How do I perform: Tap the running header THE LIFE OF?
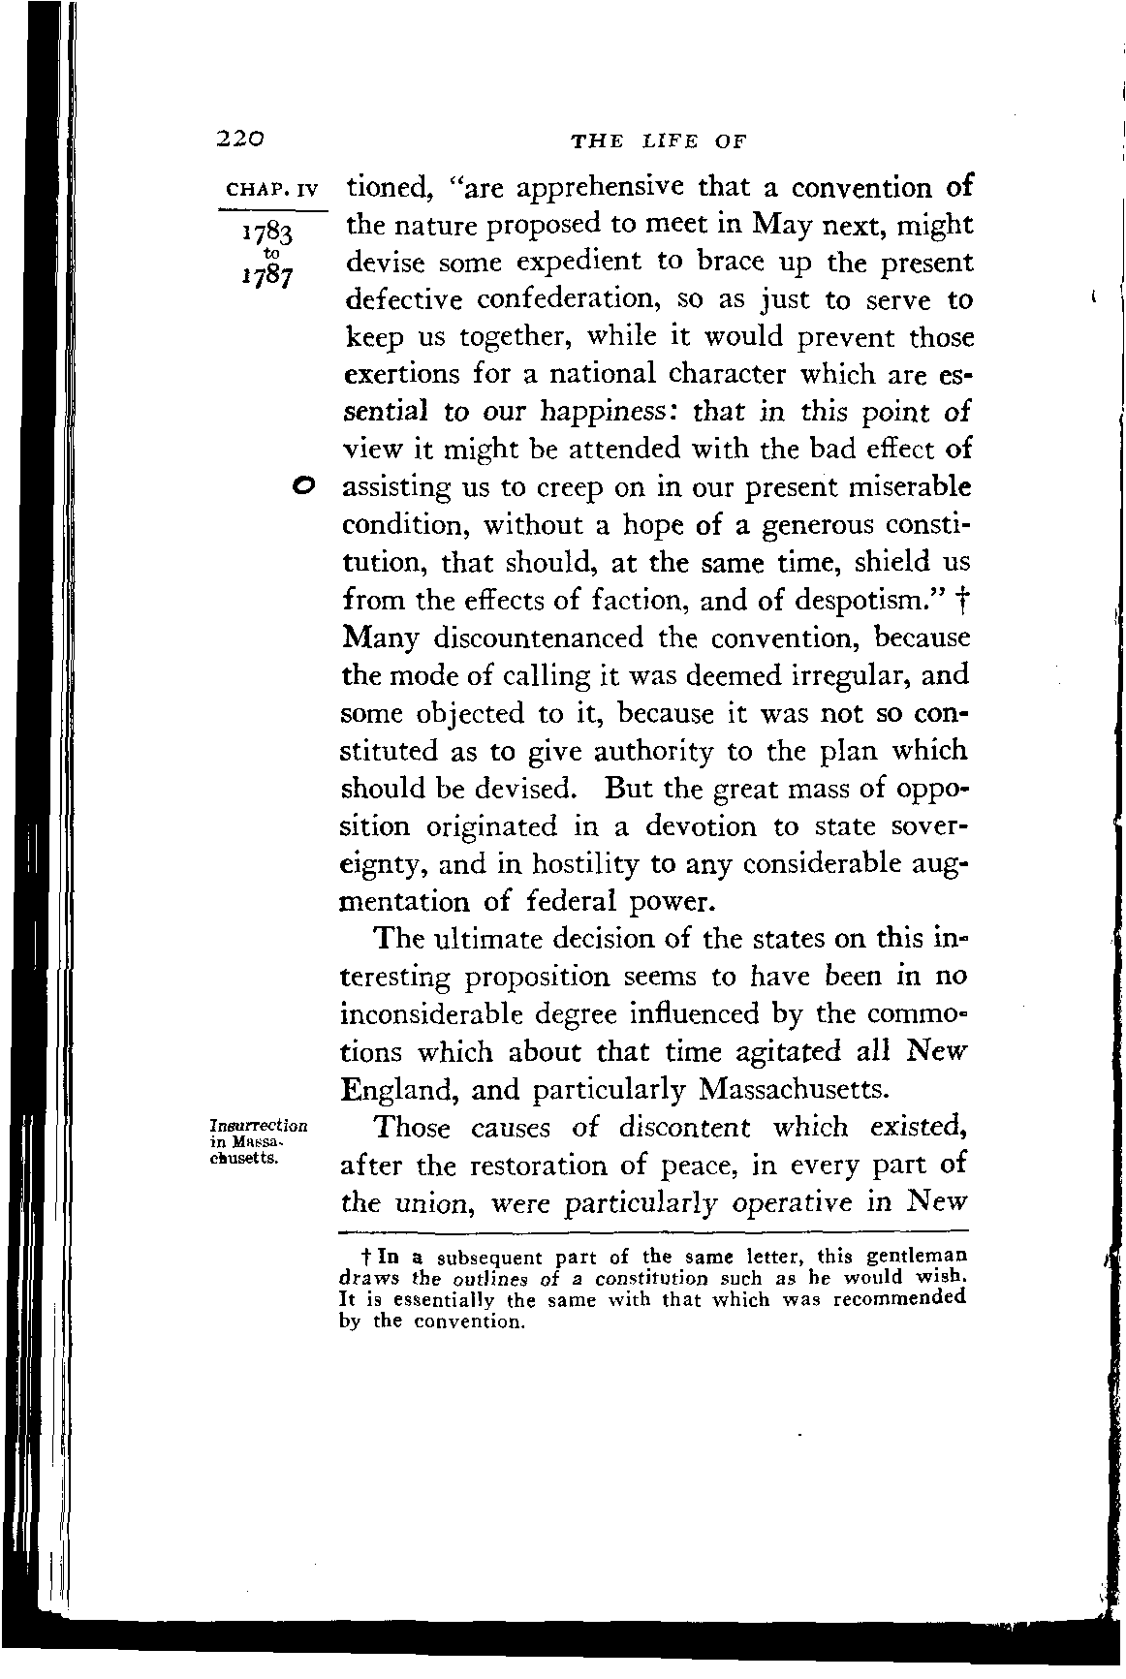pyautogui.click(x=659, y=141)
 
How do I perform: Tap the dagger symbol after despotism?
pyautogui.click(x=961, y=600)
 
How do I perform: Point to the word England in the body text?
pyautogui.click(x=399, y=1091)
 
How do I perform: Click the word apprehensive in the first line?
pyautogui.click(x=595, y=188)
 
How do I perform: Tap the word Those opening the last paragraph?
pyautogui.click(x=413, y=1129)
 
